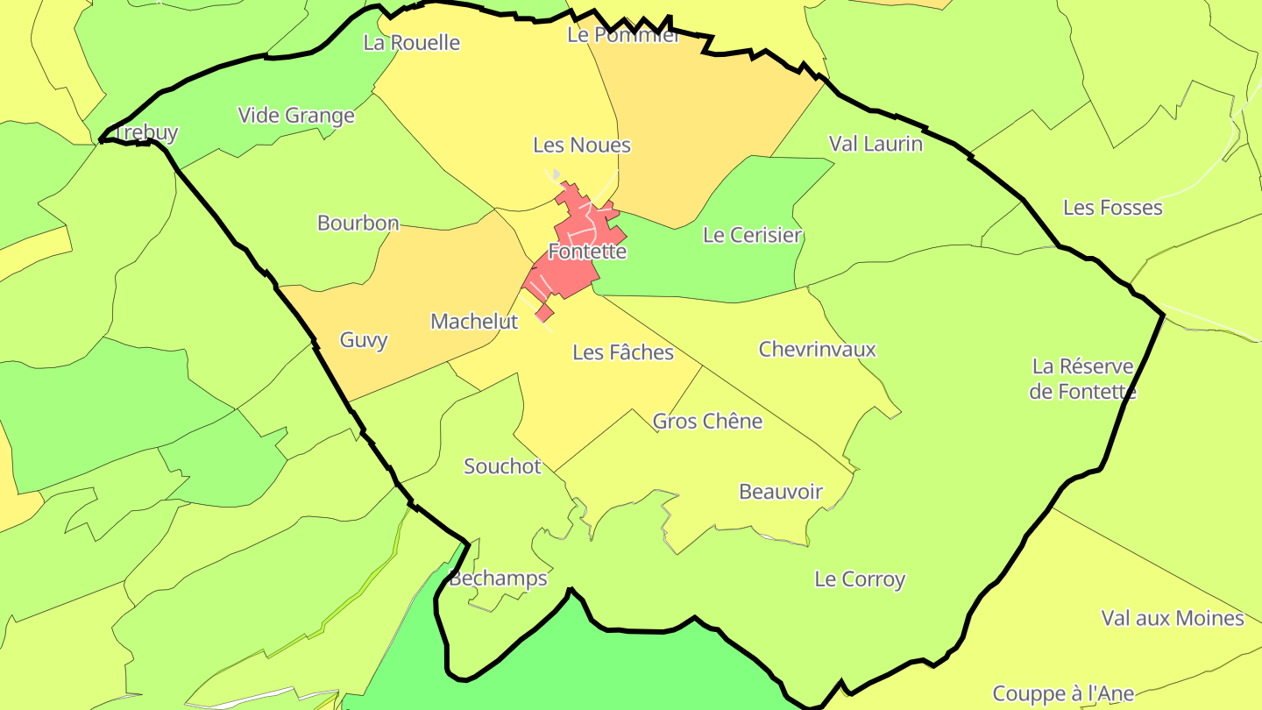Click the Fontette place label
(x=587, y=252)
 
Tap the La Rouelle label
(x=411, y=42)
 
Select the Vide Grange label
(x=296, y=115)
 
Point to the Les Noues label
(x=582, y=145)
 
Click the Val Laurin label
(x=876, y=143)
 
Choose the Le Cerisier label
(x=752, y=235)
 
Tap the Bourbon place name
(x=358, y=223)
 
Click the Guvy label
(x=364, y=340)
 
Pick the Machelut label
(x=474, y=322)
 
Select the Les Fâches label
(x=623, y=352)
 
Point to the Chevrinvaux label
(x=817, y=349)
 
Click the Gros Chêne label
(x=707, y=421)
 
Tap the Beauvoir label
(x=781, y=491)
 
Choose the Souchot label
(x=502, y=465)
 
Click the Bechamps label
(x=498, y=578)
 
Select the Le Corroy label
(x=860, y=579)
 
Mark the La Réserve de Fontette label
(x=1082, y=379)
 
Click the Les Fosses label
(x=1112, y=208)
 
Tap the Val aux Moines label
(x=1172, y=618)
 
